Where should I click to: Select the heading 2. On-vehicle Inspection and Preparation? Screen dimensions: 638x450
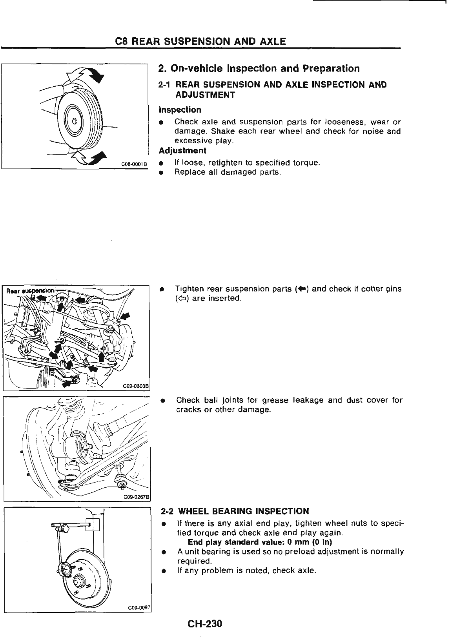tap(259, 69)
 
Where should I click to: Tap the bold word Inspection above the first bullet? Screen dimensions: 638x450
tap(180, 109)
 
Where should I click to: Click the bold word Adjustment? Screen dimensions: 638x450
tap(182, 151)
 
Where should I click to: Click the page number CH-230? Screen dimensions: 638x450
tap(205, 623)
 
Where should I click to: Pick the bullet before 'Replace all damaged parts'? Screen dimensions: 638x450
tap(161, 173)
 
